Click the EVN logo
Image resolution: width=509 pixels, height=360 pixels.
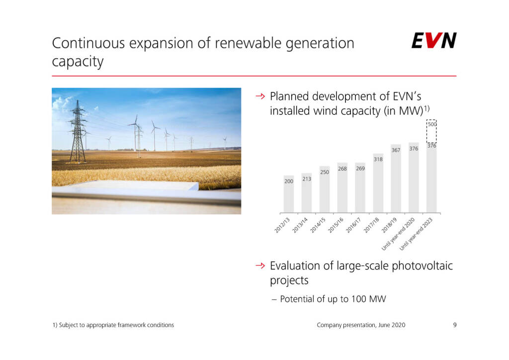point(434,40)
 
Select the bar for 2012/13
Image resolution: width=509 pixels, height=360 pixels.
point(289,194)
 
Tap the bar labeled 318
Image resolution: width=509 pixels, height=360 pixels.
point(378,183)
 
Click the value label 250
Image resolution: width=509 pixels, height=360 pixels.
point(325,172)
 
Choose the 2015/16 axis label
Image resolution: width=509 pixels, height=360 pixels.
point(336,225)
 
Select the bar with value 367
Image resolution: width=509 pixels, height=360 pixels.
point(396,179)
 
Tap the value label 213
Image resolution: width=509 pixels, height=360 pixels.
point(307,179)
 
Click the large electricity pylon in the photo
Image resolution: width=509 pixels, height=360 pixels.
point(77,132)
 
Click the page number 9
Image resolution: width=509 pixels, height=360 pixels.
point(455,325)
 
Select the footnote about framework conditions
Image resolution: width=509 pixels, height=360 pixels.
point(113,325)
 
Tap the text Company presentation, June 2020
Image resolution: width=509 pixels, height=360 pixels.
point(361,325)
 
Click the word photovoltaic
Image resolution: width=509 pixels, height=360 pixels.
point(423,266)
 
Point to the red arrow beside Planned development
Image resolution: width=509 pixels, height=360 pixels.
point(260,96)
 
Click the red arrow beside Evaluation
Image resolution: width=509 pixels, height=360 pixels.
point(260,266)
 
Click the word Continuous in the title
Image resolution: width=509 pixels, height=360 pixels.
point(88,43)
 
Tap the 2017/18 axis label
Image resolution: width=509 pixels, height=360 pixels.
point(371,225)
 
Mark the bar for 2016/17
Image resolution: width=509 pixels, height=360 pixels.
point(360,188)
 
